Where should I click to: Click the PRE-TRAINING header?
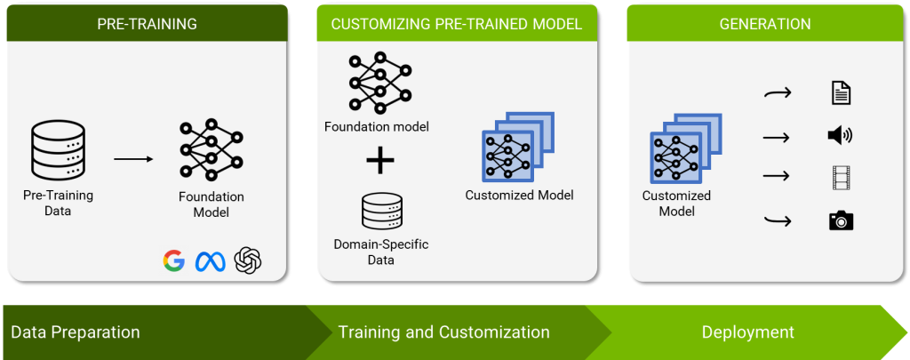(x=146, y=24)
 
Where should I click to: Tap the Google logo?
(x=173, y=260)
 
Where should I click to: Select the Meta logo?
(x=211, y=260)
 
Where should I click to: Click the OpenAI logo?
(x=248, y=260)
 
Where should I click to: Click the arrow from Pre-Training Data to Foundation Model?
(x=132, y=160)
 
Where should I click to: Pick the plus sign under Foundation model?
(x=380, y=161)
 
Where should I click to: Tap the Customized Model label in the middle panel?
(x=519, y=195)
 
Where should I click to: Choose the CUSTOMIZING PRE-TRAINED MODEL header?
(x=457, y=24)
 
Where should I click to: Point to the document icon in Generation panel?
(x=840, y=92)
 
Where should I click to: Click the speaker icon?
(x=840, y=135)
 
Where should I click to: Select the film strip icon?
(x=841, y=178)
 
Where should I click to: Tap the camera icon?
(x=841, y=220)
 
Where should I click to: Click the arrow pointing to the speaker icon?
(x=776, y=136)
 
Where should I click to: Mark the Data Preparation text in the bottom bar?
(x=76, y=332)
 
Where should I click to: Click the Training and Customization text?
(x=443, y=332)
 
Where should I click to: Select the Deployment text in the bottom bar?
(x=747, y=332)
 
